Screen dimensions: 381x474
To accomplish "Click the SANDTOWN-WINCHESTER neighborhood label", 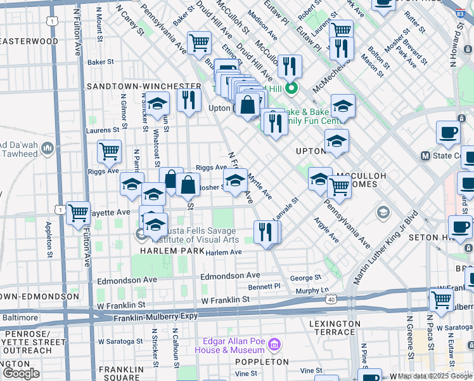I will click(144, 86).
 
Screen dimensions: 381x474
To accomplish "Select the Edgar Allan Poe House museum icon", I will click(274, 345).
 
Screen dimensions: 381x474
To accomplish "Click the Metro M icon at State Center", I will click(426, 156).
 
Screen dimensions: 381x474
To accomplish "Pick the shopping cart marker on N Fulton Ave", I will click(78, 213).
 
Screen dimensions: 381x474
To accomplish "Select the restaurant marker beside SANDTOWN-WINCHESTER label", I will click(189, 100).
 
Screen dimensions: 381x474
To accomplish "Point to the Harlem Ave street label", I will click(223, 252).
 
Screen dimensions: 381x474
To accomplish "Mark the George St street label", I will click(305, 278).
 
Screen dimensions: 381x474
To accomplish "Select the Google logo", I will click(21, 373).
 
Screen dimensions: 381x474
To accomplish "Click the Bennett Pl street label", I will click(264, 288).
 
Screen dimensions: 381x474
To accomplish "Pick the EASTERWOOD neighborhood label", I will click(29, 41).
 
